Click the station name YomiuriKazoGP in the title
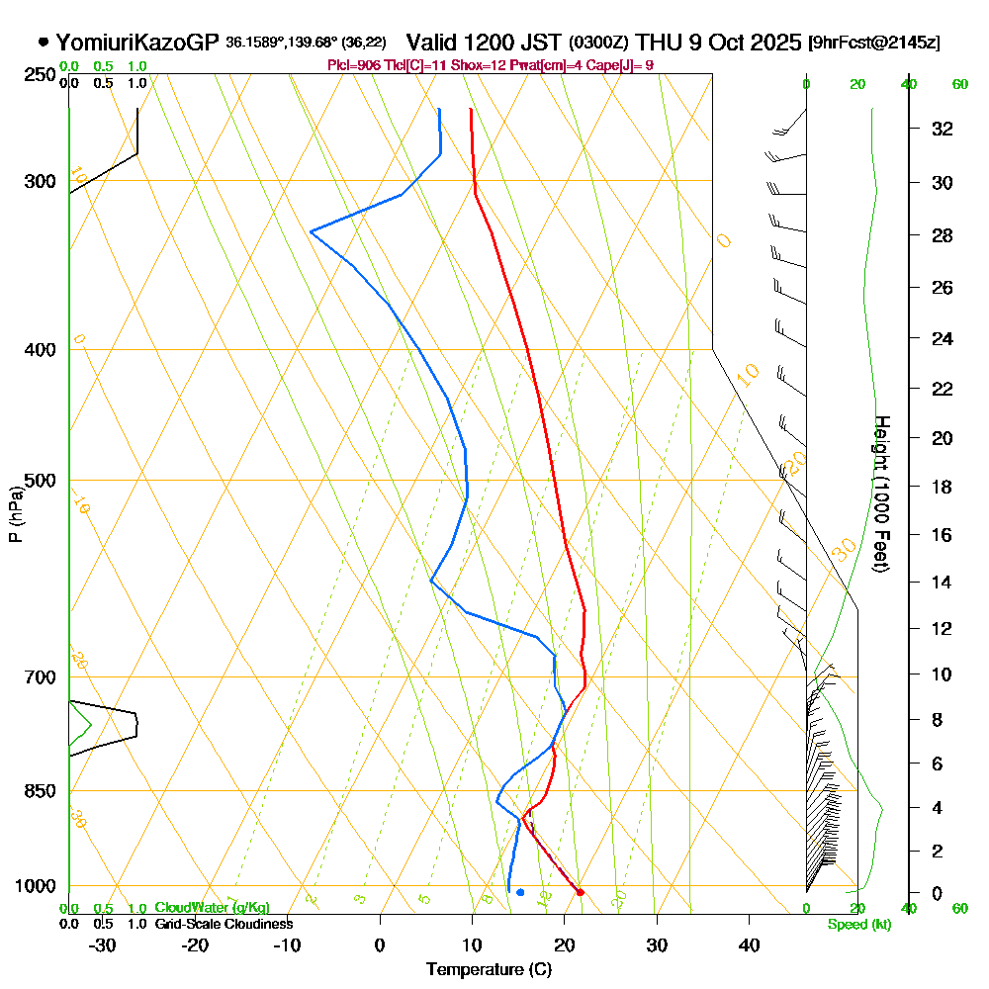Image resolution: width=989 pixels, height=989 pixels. coord(137,43)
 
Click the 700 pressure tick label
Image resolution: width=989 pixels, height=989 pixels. coord(40,677)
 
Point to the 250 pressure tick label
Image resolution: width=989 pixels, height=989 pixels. coord(40,74)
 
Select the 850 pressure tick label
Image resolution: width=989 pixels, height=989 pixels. coord(40,791)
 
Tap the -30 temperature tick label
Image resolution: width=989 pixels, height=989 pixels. coord(102,944)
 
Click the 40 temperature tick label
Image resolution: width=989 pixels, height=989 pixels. coord(749,944)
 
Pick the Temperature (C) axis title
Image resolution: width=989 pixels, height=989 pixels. coord(489,969)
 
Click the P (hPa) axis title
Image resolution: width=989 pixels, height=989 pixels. coord(15,513)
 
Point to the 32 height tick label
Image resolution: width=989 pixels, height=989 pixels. coord(943,129)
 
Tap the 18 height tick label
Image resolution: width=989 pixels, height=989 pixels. coord(943,487)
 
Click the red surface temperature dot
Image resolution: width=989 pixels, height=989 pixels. coord(580,892)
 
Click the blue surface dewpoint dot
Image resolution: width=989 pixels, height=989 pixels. coord(520,892)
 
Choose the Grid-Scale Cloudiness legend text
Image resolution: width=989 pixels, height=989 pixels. coord(223,924)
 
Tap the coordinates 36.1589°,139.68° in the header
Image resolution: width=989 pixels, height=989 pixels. coord(281,44)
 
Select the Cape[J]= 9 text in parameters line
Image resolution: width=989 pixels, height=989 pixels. coord(624,65)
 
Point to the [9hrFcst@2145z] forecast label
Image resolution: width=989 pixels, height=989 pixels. coord(873,44)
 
